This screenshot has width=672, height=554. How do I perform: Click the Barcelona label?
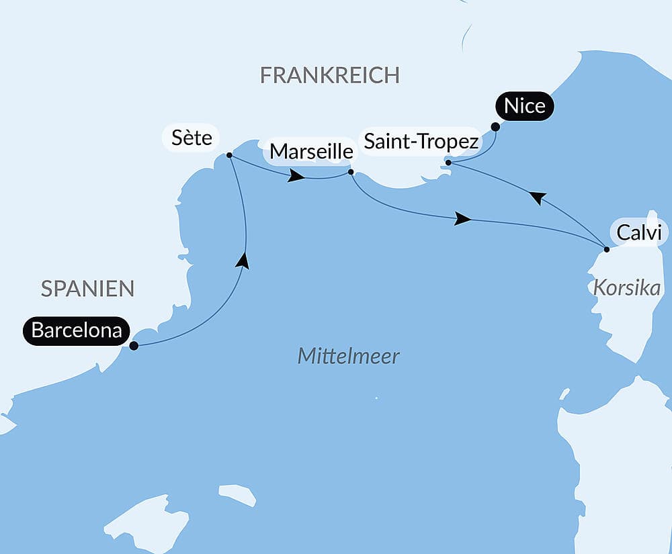click(76, 331)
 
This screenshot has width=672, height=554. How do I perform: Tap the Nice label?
click(524, 107)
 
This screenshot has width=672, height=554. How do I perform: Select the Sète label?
click(192, 139)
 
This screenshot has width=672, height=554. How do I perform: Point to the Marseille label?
click(310, 152)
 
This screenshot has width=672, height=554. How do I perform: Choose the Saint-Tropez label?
click(421, 142)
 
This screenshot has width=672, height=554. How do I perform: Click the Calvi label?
click(638, 232)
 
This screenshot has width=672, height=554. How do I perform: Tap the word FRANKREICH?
click(329, 75)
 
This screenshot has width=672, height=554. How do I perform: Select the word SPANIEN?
click(87, 289)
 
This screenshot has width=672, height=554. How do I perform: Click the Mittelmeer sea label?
click(348, 356)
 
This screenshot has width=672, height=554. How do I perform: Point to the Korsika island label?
click(626, 288)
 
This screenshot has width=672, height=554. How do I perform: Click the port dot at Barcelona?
click(134, 346)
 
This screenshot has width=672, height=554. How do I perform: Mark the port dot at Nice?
click(495, 126)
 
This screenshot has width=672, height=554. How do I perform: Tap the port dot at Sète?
click(229, 155)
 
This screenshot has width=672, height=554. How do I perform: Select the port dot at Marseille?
click(351, 172)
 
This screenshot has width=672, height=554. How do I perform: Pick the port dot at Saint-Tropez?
click(448, 162)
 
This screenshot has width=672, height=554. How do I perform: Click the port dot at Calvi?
click(606, 249)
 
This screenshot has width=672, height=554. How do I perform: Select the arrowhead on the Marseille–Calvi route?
click(462, 219)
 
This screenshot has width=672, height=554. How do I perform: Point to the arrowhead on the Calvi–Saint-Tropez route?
click(536, 197)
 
